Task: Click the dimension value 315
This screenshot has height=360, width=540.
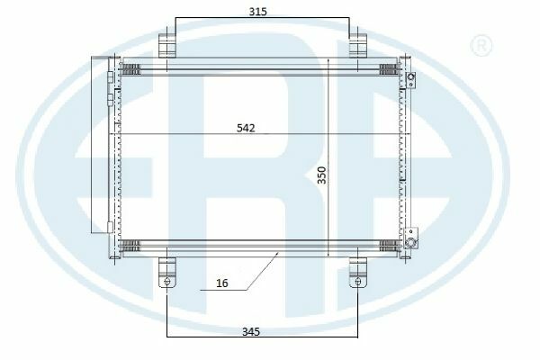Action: (257, 12)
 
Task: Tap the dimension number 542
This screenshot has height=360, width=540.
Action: (246, 128)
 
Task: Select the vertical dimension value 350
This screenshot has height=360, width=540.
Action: (321, 175)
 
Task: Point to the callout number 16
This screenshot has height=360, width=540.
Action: (222, 283)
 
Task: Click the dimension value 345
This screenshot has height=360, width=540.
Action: (251, 332)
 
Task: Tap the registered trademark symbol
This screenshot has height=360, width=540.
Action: (481, 45)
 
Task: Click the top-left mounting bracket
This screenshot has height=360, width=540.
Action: (167, 45)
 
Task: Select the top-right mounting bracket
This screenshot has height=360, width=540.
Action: (358, 45)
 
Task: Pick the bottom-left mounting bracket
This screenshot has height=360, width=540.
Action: (167, 272)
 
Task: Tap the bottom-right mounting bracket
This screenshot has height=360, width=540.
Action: (358, 272)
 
